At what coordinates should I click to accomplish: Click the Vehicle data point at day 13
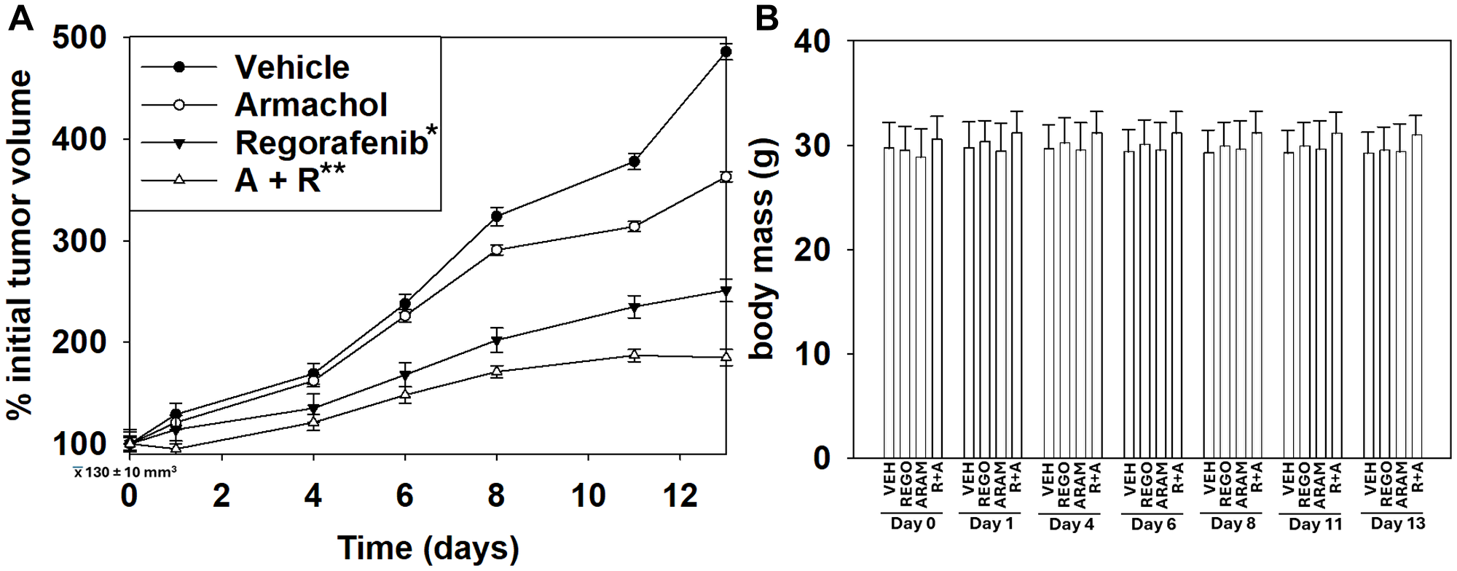(x=726, y=52)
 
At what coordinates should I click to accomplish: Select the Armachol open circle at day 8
(x=497, y=250)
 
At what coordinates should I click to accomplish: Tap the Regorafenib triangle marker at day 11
(x=634, y=307)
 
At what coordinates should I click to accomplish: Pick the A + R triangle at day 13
(x=726, y=356)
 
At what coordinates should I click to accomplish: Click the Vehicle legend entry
(x=291, y=67)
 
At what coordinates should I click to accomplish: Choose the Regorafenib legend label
(x=331, y=143)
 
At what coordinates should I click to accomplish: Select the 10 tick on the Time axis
(x=587, y=497)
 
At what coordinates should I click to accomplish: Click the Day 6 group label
(x=1153, y=524)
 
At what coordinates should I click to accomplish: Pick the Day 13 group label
(x=1397, y=524)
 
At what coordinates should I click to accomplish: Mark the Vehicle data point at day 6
(x=405, y=304)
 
